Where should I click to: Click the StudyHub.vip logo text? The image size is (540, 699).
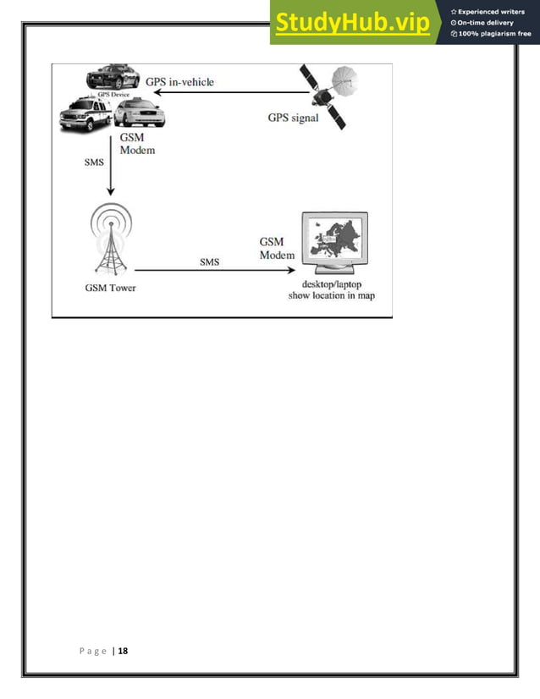click(x=351, y=23)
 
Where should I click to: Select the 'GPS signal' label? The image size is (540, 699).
click(x=293, y=118)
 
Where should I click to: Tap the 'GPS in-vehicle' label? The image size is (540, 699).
click(x=179, y=82)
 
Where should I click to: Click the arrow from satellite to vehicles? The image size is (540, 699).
click(x=229, y=95)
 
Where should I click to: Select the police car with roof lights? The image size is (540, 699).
click(x=113, y=79)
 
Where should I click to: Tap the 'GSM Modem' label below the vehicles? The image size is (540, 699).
click(x=137, y=143)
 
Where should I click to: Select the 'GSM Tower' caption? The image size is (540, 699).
click(x=110, y=287)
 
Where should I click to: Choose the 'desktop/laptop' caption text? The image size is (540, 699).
click(x=332, y=284)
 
